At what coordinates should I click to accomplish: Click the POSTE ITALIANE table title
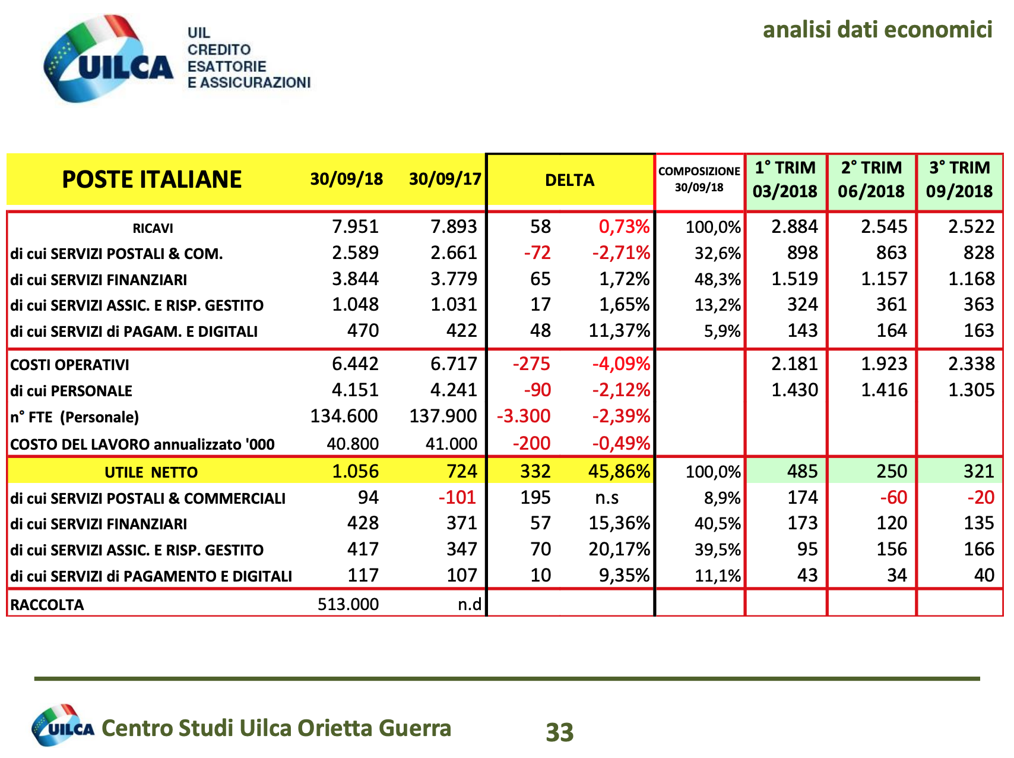pyautogui.click(x=152, y=179)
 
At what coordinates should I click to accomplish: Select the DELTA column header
pyautogui.click(x=569, y=180)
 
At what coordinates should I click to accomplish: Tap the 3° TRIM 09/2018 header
pyautogui.click(x=959, y=179)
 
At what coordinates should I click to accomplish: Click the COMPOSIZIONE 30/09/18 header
pyautogui.click(x=699, y=179)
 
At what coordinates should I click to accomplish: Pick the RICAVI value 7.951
pyautogui.click(x=355, y=226)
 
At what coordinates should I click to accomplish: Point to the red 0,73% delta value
pyautogui.click(x=624, y=226)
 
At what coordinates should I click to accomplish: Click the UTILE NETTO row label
pyautogui.click(x=151, y=472)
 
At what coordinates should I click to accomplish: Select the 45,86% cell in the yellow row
pyautogui.click(x=619, y=471)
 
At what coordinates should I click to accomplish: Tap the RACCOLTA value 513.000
pyautogui.click(x=348, y=604)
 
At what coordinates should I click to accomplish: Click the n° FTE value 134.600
pyautogui.click(x=344, y=416)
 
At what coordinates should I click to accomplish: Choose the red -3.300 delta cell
pyautogui.click(x=524, y=416)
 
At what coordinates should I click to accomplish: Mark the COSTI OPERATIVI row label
pyautogui.click(x=69, y=365)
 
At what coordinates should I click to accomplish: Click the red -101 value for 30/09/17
pyautogui.click(x=457, y=497)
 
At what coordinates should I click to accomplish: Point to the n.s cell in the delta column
pyautogui.click(x=607, y=497)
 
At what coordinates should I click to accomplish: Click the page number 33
pyautogui.click(x=560, y=732)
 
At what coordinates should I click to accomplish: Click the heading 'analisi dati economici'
pyautogui.click(x=877, y=29)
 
